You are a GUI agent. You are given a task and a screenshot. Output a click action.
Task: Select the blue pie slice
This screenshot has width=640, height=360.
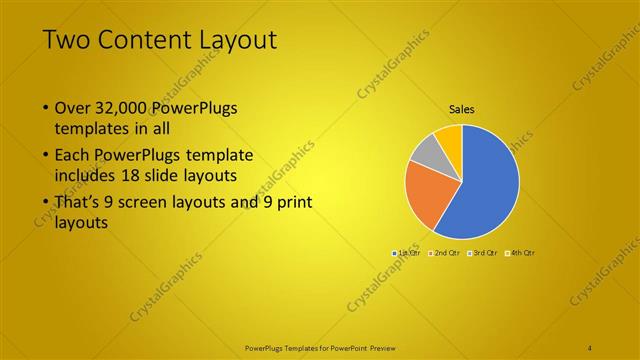click(490, 180)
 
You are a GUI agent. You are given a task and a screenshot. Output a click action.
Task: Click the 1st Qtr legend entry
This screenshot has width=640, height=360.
click(406, 253)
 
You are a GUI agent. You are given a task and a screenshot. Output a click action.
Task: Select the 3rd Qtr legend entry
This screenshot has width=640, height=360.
click(483, 253)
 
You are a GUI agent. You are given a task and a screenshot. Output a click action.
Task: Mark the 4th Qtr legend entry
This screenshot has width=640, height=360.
click(522, 253)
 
